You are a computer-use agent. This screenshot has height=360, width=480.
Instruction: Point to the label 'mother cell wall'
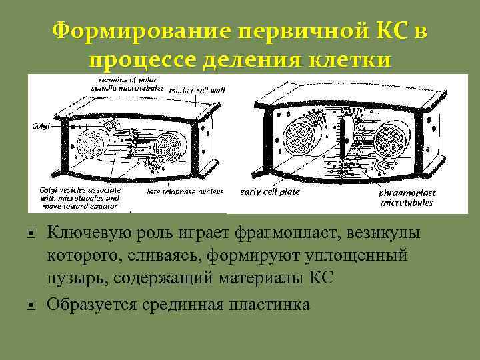tap(198, 90)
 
